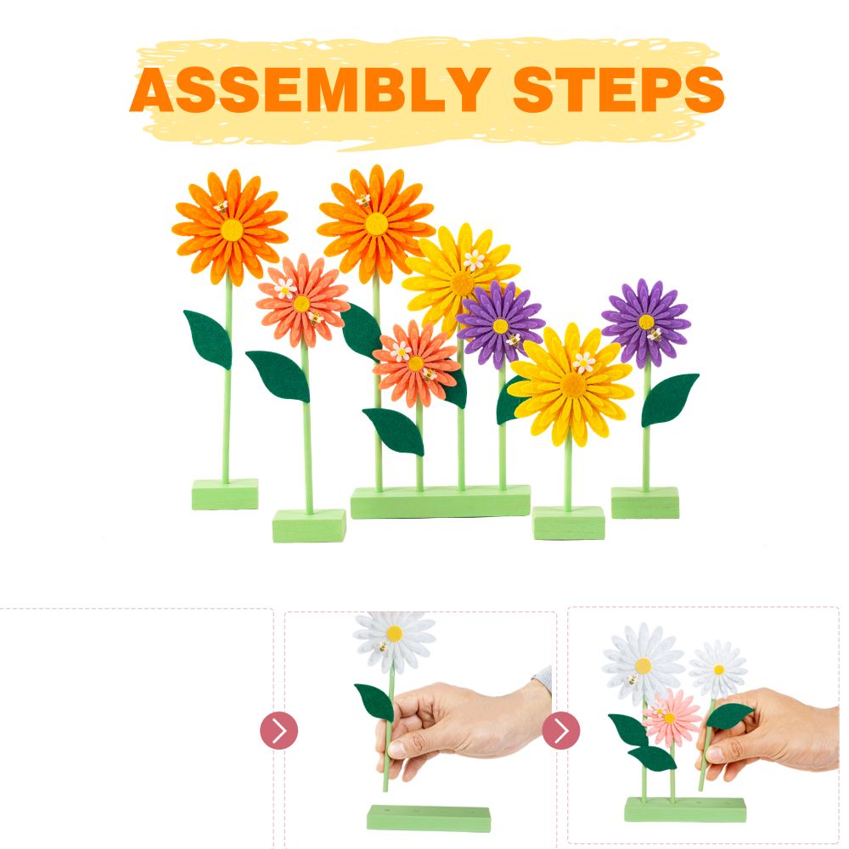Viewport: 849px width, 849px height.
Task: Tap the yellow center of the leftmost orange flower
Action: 232,229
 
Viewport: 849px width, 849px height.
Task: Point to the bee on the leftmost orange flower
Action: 221,205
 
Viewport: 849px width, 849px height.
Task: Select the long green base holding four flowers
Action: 440,502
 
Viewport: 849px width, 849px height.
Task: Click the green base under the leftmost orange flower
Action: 225,494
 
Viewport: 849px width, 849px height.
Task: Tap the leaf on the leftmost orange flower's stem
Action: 208,339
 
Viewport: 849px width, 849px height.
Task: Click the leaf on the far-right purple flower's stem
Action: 669,399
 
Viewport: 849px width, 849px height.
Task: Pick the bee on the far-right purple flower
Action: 655,335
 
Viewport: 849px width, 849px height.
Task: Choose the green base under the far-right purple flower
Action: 645,503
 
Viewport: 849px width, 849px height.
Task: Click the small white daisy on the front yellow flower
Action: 584,363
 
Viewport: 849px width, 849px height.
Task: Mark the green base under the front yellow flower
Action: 569,522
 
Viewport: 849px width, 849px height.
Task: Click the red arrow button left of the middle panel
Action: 278,730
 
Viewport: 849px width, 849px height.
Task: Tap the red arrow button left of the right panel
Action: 561,730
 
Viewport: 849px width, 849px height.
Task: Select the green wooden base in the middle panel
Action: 429,818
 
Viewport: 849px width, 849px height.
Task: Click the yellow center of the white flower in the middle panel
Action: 394,633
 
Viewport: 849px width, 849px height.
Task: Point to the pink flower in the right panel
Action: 672,717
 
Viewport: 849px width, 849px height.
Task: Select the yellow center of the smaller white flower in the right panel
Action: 719,670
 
